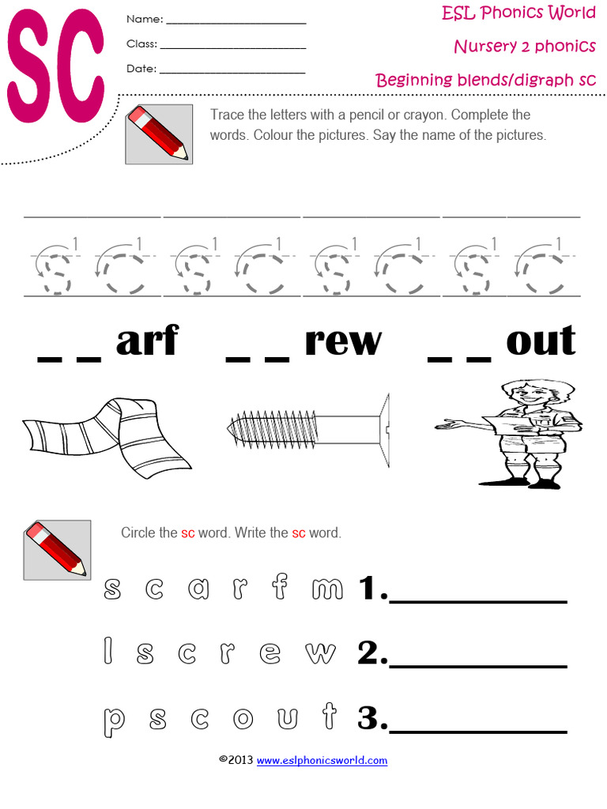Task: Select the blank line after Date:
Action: point(232,73)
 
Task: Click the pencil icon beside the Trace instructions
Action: point(158,133)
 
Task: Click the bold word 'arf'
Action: point(147,341)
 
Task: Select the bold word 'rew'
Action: point(342,341)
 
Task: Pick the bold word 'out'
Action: point(541,341)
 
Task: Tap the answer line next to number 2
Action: point(478,665)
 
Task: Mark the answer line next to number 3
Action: point(478,730)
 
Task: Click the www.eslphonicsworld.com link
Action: point(322,761)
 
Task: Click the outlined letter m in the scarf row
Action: point(328,588)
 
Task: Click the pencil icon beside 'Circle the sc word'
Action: point(56,550)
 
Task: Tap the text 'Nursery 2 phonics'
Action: point(525,46)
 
